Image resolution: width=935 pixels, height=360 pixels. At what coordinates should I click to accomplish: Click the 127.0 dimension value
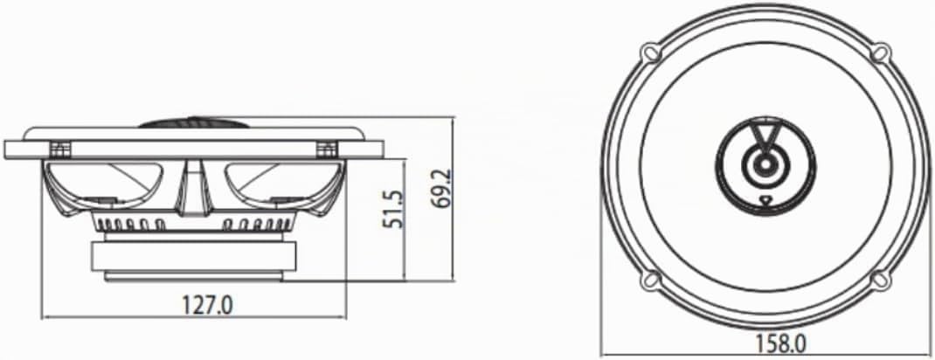(x=206, y=305)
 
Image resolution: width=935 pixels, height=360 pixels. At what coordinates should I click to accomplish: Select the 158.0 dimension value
(x=781, y=344)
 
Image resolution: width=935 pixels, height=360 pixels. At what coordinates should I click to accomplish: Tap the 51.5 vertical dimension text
(x=391, y=209)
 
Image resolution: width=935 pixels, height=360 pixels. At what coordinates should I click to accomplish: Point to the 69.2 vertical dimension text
(x=441, y=189)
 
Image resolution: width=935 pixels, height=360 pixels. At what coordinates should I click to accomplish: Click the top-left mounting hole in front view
(x=651, y=52)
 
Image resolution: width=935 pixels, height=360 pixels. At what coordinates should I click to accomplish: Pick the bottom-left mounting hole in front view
(x=651, y=279)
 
